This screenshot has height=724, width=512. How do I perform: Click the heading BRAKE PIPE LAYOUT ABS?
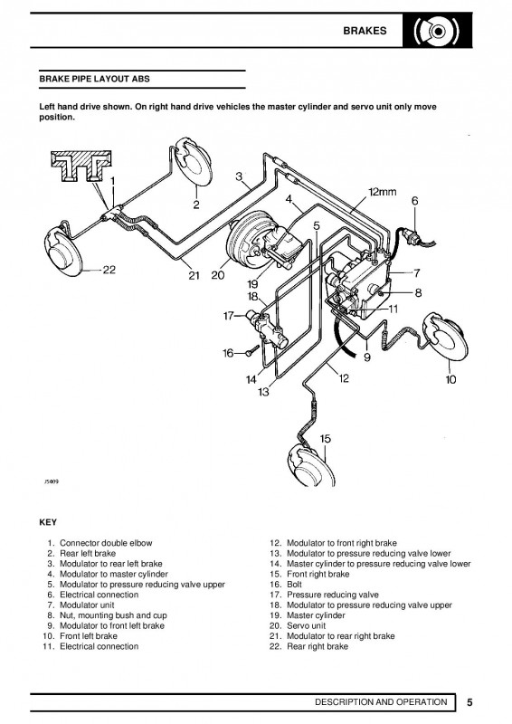(95, 80)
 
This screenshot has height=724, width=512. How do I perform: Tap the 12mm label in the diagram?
(383, 193)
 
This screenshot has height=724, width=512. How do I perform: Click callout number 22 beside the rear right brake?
(109, 269)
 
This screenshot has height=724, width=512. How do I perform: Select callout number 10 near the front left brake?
(451, 380)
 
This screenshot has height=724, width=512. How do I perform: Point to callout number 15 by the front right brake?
(326, 438)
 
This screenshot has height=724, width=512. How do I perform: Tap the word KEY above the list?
(49, 523)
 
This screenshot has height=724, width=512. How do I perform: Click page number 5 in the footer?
(470, 701)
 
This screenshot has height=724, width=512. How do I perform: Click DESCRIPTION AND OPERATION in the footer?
(380, 701)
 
